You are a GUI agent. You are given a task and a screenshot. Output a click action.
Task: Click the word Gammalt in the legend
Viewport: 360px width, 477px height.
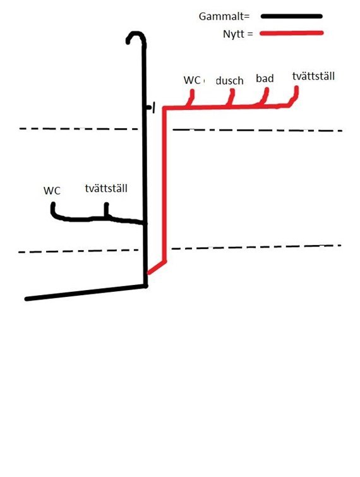(x=222, y=16)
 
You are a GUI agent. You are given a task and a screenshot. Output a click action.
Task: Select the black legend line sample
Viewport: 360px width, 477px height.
(x=291, y=16)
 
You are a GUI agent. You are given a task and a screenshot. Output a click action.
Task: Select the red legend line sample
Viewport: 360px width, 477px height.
(x=292, y=33)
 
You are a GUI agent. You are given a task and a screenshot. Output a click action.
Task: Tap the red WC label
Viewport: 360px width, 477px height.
(x=192, y=80)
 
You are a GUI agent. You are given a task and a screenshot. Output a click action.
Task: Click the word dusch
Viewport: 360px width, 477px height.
(x=229, y=81)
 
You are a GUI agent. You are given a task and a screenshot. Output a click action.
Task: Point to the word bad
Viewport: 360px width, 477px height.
(x=265, y=78)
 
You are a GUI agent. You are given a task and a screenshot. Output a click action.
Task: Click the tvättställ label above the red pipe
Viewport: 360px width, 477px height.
(x=313, y=76)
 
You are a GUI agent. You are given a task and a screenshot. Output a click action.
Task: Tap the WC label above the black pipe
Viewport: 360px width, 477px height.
(x=52, y=191)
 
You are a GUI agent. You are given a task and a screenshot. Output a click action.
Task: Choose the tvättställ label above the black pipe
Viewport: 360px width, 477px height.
(x=106, y=188)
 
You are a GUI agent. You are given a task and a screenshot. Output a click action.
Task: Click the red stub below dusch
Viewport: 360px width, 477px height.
(x=231, y=97)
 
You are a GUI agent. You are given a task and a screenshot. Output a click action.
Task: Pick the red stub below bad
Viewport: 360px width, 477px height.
(x=265, y=96)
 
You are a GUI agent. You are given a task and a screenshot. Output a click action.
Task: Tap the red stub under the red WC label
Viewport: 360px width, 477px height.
(x=191, y=98)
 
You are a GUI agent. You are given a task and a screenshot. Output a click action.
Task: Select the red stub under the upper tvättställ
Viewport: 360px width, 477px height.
(x=294, y=96)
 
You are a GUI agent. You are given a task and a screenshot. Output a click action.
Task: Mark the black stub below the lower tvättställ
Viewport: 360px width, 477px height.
(x=106, y=209)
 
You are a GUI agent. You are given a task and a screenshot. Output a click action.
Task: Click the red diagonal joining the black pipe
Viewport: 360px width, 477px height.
(x=157, y=267)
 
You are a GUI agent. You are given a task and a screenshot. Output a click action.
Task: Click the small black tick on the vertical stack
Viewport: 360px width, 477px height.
(x=152, y=107)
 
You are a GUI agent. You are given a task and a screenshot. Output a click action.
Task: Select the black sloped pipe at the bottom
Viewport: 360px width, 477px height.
(x=86, y=293)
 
